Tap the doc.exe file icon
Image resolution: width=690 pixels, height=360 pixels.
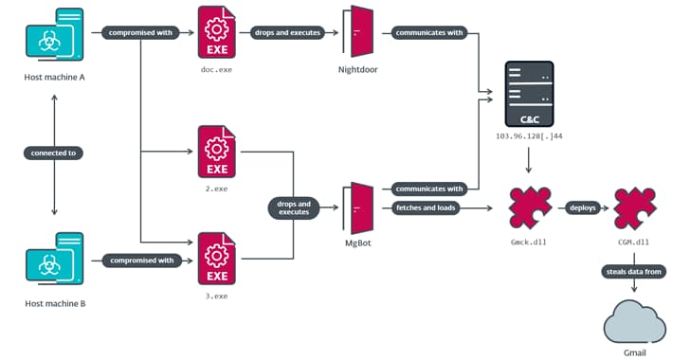tap(217, 33)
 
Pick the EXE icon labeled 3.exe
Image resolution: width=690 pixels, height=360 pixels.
tap(217, 259)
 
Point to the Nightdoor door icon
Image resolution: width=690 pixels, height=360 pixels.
tap(358, 33)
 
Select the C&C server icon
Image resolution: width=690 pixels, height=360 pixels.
tap(528, 95)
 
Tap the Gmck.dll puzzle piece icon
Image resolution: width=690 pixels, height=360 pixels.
tap(528, 207)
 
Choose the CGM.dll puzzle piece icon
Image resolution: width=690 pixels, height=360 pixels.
tap(633, 207)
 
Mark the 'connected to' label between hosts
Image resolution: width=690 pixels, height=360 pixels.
tap(54, 153)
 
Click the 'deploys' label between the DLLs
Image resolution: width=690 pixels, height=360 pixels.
tap(582, 207)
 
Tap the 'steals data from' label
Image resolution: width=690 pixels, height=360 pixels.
tap(633, 272)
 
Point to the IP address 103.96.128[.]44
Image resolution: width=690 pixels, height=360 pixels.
tap(528, 136)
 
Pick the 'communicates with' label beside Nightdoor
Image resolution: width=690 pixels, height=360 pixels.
tap(428, 32)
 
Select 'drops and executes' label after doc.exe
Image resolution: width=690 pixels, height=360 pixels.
tap(289, 32)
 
